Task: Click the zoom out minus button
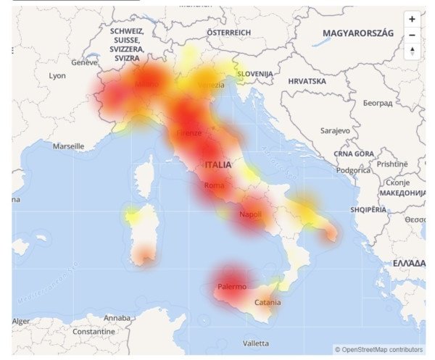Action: [x=413, y=35]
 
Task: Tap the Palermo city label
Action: [x=232, y=287]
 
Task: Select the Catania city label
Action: [x=268, y=303]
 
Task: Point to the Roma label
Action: [x=215, y=186]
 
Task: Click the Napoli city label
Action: [x=250, y=215]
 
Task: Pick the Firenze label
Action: [x=189, y=133]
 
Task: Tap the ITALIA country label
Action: [x=218, y=165]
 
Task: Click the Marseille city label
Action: [x=68, y=146]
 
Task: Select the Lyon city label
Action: [x=57, y=76]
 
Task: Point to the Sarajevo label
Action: [x=336, y=131]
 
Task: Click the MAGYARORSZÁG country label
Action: [x=358, y=34]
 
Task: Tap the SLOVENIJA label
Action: [x=255, y=74]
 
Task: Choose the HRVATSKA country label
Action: [x=307, y=82]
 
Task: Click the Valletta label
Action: [x=255, y=343]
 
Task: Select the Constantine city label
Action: [x=73, y=331]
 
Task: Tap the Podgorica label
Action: [x=353, y=171]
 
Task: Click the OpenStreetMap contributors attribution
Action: [x=378, y=349]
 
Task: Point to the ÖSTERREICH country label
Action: [x=228, y=33]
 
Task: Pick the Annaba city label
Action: [x=117, y=318]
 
